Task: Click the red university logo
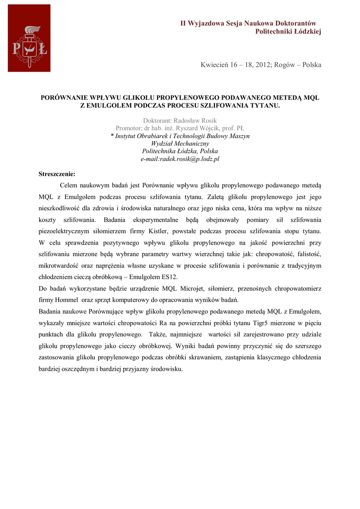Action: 29,38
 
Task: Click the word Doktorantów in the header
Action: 293,23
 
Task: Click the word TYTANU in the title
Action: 265,105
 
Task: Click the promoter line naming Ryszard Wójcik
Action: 180,128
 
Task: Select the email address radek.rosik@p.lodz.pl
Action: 180,159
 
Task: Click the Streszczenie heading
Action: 57,174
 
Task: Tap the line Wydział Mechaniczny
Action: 180,144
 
